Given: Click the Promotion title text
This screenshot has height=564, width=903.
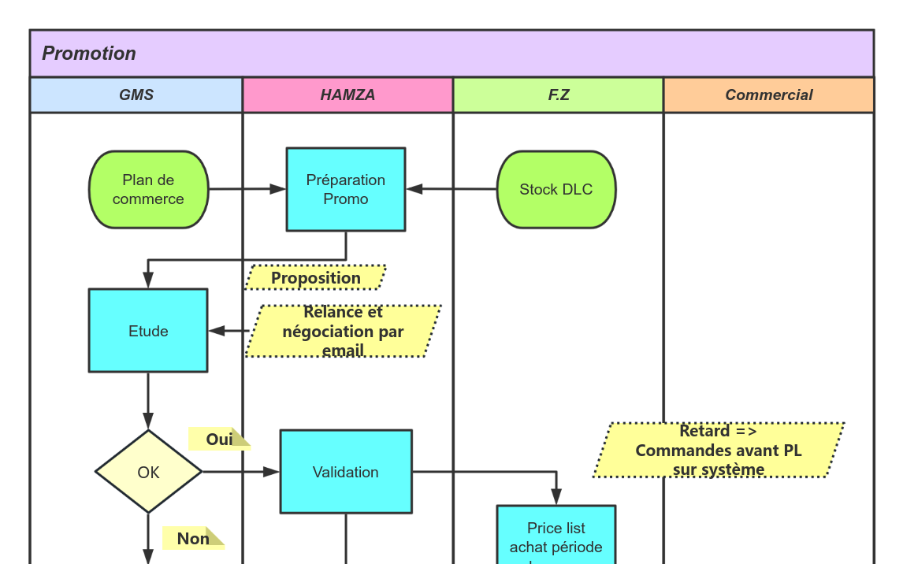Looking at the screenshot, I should pyautogui.click(x=89, y=54).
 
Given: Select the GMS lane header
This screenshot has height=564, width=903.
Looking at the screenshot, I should pyautogui.click(x=136, y=95).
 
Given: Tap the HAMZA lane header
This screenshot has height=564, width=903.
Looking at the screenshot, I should pyautogui.click(x=347, y=95).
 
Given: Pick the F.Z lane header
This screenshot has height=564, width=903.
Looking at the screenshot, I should pyautogui.click(x=559, y=95).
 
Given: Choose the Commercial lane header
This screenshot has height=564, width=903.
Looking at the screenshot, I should pyautogui.click(x=769, y=95).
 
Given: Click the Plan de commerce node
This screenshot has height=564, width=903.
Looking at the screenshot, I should pyautogui.click(x=148, y=190).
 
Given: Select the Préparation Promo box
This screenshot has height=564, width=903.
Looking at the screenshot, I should pyautogui.click(x=346, y=190).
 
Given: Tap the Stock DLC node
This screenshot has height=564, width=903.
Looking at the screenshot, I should pyautogui.click(x=556, y=190).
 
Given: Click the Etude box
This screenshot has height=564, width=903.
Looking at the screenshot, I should pyautogui.click(x=148, y=331).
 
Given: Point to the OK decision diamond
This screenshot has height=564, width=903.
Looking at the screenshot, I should pyautogui.click(x=148, y=472).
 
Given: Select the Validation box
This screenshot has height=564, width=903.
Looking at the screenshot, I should pyautogui.click(x=346, y=472).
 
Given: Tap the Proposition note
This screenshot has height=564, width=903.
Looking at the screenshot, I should pyautogui.click(x=316, y=278).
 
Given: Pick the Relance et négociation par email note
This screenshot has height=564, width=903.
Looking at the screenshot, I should pyautogui.click(x=343, y=332).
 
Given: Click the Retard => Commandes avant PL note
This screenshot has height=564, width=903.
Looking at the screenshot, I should pyautogui.click(x=719, y=451).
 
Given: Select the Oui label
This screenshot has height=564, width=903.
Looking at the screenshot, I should pyautogui.click(x=219, y=439).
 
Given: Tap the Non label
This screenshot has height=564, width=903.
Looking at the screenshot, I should pyautogui.click(x=193, y=539).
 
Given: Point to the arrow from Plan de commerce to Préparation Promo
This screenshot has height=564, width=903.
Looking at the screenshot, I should pyautogui.click(x=247, y=189).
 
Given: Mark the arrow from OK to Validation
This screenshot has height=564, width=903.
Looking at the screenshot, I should pyautogui.click(x=240, y=472).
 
